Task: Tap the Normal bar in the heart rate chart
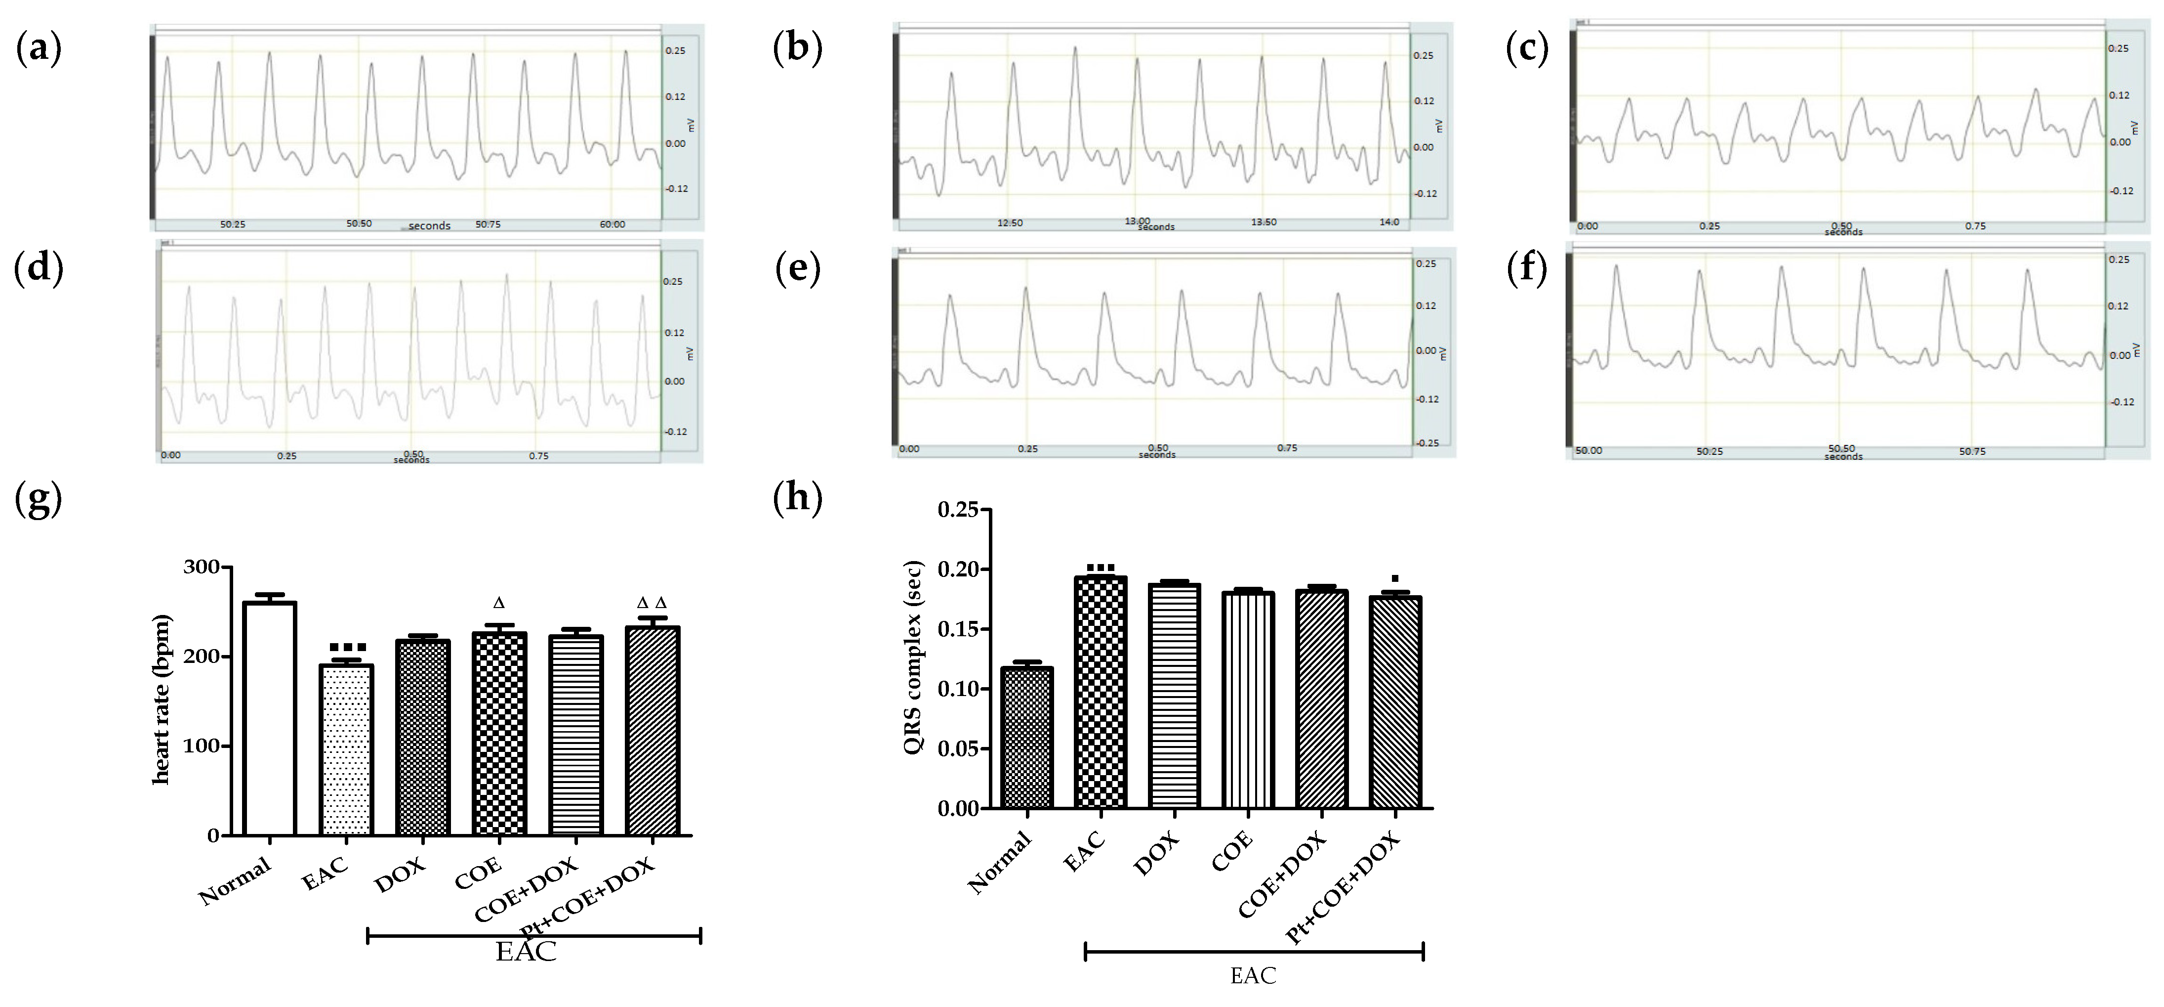270,719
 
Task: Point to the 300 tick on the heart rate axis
202,568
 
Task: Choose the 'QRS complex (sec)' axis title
913,657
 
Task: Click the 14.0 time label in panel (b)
1389,222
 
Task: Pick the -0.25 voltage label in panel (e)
1427,443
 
